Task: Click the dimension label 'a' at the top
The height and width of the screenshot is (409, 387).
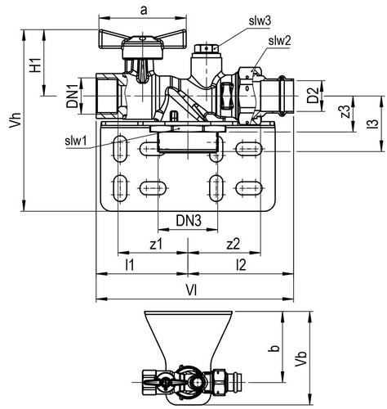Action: pyautogui.click(x=144, y=11)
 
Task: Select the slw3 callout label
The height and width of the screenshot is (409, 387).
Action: pyautogui.click(x=260, y=21)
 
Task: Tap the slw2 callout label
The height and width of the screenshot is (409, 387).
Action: pyautogui.click(x=279, y=41)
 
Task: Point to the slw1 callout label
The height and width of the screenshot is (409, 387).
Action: pyautogui.click(x=76, y=141)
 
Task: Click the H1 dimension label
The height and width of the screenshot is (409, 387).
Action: pyautogui.click(x=36, y=65)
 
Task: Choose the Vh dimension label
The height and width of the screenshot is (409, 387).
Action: pyautogui.click(x=15, y=120)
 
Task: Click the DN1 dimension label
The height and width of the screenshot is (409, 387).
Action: pyautogui.click(x=73, y=96)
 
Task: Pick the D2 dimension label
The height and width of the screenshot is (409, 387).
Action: pyautogui.click(x=313, y=96)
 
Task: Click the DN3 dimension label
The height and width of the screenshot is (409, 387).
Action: pyautogui.click(x=189, y=220)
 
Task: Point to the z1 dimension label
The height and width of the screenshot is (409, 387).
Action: pyautogui.click(x=156, y=244)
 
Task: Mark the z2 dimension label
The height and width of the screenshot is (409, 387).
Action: pyautogui.click(x=234, y=244)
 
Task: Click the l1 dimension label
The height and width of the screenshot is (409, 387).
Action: pyautogui.click(x=130, y=264)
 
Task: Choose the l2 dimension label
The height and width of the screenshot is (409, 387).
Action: pyautogui.click(x=241, y=264)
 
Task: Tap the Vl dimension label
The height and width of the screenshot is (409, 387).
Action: pyautogui.click(x=191, y=290)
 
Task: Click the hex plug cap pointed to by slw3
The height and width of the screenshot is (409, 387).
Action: pyautogui.click(x=207, y=48)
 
